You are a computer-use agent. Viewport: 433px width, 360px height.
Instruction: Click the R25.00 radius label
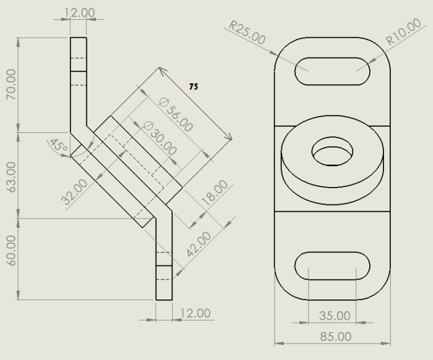[x=247, y=33]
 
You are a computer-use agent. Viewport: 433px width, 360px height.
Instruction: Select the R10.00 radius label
[x=404, y=32]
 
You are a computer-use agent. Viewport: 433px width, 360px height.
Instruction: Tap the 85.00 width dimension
[x=334, y=336]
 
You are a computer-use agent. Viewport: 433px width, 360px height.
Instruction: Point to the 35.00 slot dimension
[x=334, y=315]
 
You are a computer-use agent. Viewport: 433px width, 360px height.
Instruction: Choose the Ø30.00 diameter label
[x=160, y=139]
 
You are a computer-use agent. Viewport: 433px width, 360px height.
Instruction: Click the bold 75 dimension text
[x=193, y=87]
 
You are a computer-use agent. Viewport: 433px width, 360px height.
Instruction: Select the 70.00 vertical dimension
[x=11, y=85]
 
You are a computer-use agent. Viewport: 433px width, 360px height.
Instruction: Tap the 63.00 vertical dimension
[x=11, y=176]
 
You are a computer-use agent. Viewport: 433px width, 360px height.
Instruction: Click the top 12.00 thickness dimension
[x=79, y=12]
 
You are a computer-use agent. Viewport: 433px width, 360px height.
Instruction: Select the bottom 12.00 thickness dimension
[x=195, y=313]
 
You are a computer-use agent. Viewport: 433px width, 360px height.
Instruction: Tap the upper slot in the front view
[x=333, y=71]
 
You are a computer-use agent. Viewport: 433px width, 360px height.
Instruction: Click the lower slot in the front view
[x=333, y=266]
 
